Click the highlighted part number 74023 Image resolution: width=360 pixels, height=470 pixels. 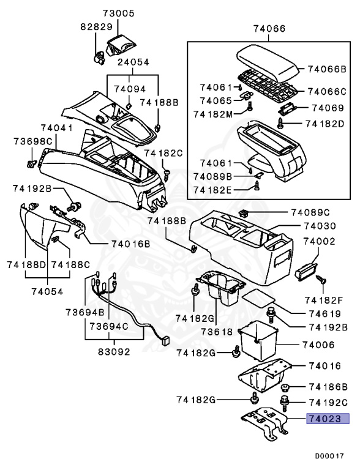coord(327,419)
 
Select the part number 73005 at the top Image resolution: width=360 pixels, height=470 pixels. coord(119,13)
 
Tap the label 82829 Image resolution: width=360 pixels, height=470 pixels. coord(96,28)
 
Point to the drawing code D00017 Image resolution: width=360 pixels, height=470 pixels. coord(330,455)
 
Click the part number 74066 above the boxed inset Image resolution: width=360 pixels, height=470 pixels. coord(270,28)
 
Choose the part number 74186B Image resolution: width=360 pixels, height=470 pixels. coord(328,387)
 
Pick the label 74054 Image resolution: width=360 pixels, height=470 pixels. coord(48,291)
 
